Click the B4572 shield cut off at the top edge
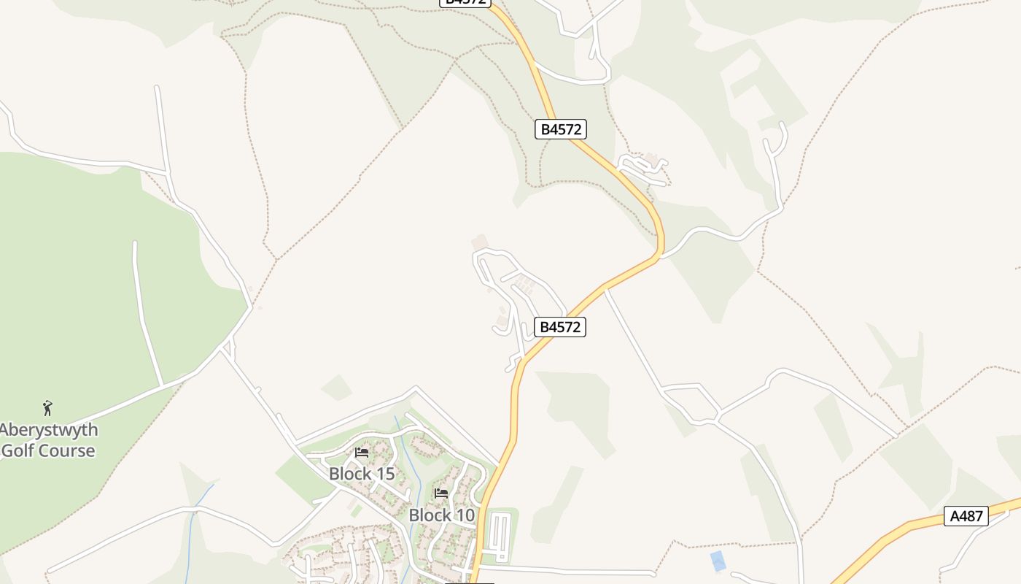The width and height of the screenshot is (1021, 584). point(465,2)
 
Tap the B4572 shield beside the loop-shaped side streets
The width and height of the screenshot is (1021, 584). point(560,327)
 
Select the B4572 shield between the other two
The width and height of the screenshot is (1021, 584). point(560,130)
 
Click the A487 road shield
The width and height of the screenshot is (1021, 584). point(967,516)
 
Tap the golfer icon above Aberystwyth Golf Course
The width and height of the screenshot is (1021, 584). point(47,407)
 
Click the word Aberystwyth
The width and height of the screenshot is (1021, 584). point(49,429)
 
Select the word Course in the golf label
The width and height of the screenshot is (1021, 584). point(68,450)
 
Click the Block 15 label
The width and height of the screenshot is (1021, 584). point(362,474)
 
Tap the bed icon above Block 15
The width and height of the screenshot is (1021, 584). point(362,453)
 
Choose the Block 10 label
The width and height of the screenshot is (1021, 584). point(441,515)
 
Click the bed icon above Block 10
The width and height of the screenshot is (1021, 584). point(441,493)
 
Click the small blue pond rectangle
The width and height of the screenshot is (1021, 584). point(718,561)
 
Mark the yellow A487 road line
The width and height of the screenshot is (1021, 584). point(897,531)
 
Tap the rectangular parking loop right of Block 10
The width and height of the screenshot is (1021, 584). point(500,537)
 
